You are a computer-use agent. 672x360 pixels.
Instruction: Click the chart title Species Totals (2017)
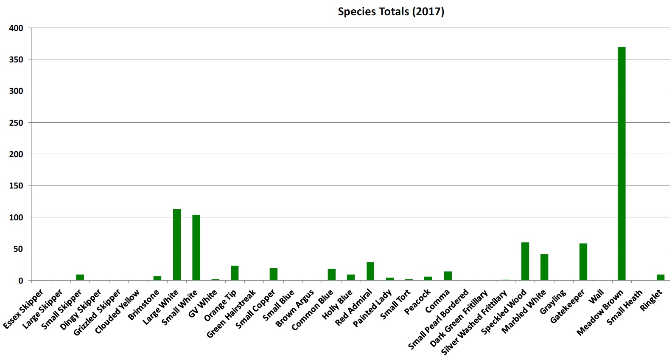point(391,11)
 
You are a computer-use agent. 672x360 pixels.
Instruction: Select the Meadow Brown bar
point(622,163)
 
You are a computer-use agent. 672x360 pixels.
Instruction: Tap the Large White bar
point(177,245)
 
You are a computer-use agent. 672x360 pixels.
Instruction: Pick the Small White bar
point(196,247)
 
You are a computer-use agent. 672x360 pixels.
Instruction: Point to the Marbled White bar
point(544,267)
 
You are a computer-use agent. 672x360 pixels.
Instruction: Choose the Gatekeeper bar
point(583,262)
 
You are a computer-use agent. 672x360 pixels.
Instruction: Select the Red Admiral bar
point(370,271)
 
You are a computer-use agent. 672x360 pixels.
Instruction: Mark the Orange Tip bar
point(235,273)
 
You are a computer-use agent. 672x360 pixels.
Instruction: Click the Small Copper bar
point(274,274)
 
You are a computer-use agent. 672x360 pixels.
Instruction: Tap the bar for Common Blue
point(331,274)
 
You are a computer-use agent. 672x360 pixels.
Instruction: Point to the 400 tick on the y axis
point(16,28)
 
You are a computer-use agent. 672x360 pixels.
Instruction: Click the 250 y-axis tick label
point(16,123)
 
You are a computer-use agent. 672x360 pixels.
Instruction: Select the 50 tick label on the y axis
point(18,249)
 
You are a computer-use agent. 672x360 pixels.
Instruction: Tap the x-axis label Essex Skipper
point(24,309)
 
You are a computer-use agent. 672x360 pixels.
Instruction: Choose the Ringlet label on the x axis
point(651,300)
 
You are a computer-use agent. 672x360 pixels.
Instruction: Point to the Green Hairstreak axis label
point(231,314)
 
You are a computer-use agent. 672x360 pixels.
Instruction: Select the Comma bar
point(448,276)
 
